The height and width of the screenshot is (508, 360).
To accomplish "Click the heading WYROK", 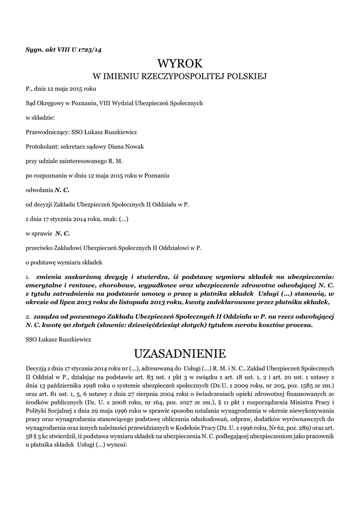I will pos(180,63).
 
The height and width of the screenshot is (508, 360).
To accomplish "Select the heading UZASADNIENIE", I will pos(180,354).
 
